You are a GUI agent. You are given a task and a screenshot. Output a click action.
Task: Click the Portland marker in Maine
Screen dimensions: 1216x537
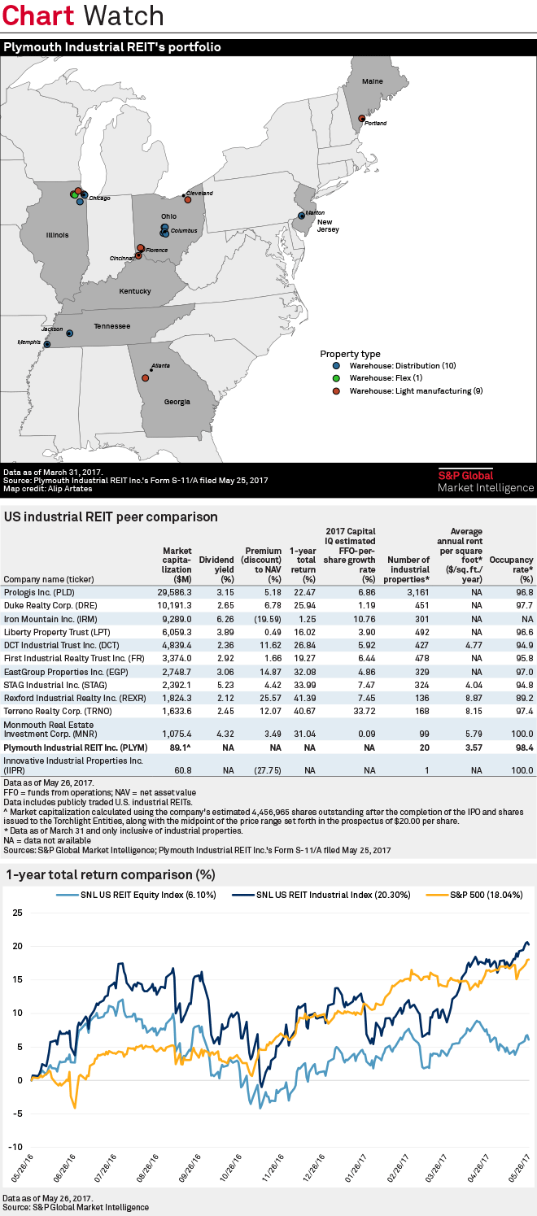click(361, 118)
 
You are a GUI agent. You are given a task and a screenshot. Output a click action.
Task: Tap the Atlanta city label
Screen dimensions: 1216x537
click(161, 366)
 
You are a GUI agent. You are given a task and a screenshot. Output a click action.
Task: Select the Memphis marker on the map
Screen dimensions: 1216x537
click(46, 344)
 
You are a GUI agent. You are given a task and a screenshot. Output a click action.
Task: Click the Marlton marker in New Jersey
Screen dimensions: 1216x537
click(301, 216)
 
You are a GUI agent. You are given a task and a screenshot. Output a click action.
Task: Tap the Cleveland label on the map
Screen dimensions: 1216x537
click(199, 193)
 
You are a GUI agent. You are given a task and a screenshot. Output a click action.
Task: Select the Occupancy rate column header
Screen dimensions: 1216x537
click(514, 566)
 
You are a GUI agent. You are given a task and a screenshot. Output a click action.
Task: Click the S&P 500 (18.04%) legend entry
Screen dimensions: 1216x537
click(491, 895)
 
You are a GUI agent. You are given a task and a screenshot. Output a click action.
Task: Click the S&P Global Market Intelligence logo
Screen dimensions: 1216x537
click(486, 482)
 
